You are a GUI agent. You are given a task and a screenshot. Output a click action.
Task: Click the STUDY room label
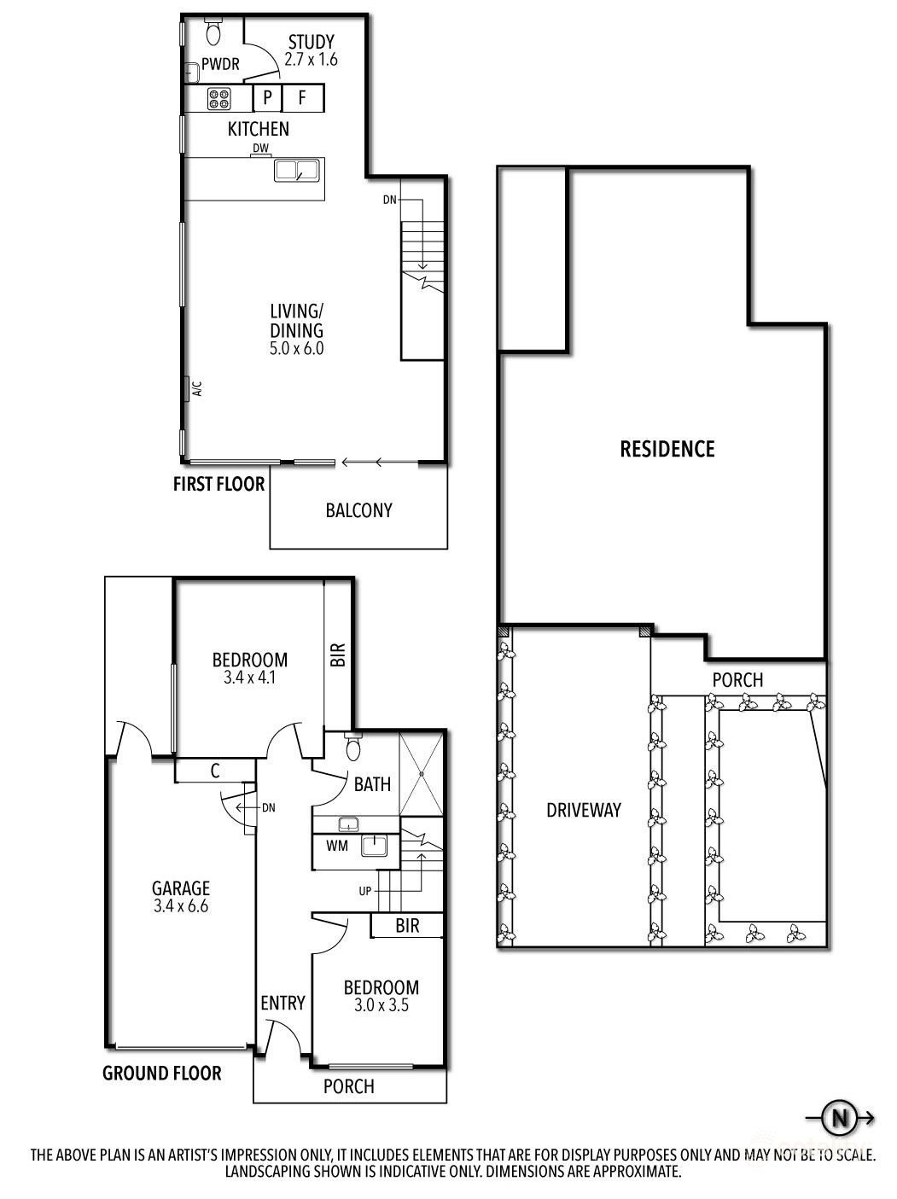[311, 42]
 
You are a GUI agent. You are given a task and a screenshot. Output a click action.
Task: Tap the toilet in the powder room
[213, 32]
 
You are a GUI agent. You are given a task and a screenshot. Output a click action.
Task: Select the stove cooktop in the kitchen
[219, 99]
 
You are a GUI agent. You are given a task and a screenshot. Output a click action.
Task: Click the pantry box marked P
[268, 98]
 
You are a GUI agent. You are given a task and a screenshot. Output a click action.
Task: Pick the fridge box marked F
[302, 98]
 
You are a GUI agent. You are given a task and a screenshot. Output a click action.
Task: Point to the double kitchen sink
[296, 171]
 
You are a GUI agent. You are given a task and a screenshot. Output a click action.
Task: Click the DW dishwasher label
[260, 148]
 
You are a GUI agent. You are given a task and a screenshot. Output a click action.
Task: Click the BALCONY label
[359, 510]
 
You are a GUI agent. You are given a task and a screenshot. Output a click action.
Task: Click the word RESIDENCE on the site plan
[667, 450]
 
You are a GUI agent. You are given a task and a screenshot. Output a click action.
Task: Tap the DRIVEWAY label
[584, 810]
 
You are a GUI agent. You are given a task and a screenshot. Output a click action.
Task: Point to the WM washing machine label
[337, 847]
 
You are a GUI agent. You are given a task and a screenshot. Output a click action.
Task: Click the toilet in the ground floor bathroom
[353, 746]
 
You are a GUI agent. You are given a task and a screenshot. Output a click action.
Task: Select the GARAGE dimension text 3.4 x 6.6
[181, 906]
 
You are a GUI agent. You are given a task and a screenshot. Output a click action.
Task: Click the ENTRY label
[282, 1003]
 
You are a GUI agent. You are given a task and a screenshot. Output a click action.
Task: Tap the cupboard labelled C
[215, 771]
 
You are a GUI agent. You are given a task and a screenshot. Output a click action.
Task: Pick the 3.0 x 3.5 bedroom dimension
[382, 1005]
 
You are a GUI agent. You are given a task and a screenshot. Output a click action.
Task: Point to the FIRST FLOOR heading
[219, 484]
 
